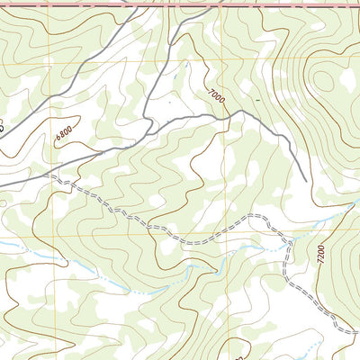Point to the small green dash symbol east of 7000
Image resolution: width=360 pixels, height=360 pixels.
click(256, 97)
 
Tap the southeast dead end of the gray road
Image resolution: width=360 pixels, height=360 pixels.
click(307, 180)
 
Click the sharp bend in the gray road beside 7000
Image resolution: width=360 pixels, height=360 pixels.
click(236, 112)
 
